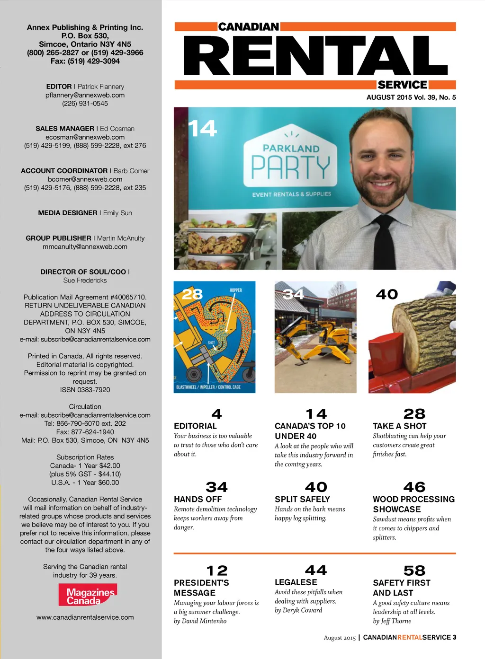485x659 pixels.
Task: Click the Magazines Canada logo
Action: click(x=88, y=595)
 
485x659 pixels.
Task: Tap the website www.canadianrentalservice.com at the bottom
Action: click(x=85, y=617)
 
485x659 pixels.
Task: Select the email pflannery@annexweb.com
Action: click(x=85, y=95)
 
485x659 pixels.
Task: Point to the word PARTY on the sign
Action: click(x=290, y=167)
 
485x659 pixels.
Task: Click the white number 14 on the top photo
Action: click(x=202, y=129)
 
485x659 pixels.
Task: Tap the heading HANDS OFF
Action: click(x=198, y=499)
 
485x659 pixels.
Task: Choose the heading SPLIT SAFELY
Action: click(x=302, y=499)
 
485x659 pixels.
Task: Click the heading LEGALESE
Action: click(x=296, y=582)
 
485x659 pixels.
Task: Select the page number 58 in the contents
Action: click(x=414, y=571)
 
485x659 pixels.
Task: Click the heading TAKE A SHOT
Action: click(x=400, y=426)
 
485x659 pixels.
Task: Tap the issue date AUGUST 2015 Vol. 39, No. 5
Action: click(x=411, y=97)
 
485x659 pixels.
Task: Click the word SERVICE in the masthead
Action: click(x=403, y=85)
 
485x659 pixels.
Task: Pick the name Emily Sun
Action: click(x=117, y=213)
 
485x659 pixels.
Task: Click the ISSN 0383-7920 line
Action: click(x=85, y=390)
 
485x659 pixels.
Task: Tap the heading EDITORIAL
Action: click(x=195, y=426)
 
